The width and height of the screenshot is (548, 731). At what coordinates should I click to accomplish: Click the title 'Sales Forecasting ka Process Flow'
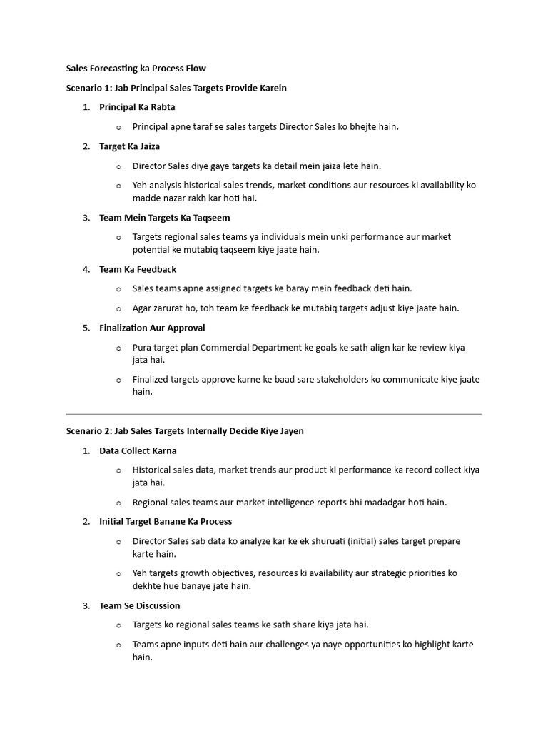pos(136,69)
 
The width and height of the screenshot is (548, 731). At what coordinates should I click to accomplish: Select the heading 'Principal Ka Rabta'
pos(137,107)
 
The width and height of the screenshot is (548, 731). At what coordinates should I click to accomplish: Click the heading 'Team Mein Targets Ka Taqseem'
pos(164,218)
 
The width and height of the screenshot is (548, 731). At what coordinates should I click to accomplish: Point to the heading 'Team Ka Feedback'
pos(138,269)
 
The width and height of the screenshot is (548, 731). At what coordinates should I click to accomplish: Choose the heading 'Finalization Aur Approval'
pos(152,328)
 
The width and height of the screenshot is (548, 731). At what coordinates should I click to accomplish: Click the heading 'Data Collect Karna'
pos(138,450)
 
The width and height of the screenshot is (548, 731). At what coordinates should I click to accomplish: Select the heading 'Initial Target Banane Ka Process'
pos(166,521)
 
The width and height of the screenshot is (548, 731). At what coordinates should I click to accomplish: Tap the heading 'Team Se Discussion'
pos(140,605)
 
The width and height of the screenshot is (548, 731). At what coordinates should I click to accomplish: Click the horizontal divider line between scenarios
pos(274,414)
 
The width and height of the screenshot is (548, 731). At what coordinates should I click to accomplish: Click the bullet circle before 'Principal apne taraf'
pos(118,127)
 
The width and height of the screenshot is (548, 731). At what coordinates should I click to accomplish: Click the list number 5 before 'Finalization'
pos(86,328)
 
